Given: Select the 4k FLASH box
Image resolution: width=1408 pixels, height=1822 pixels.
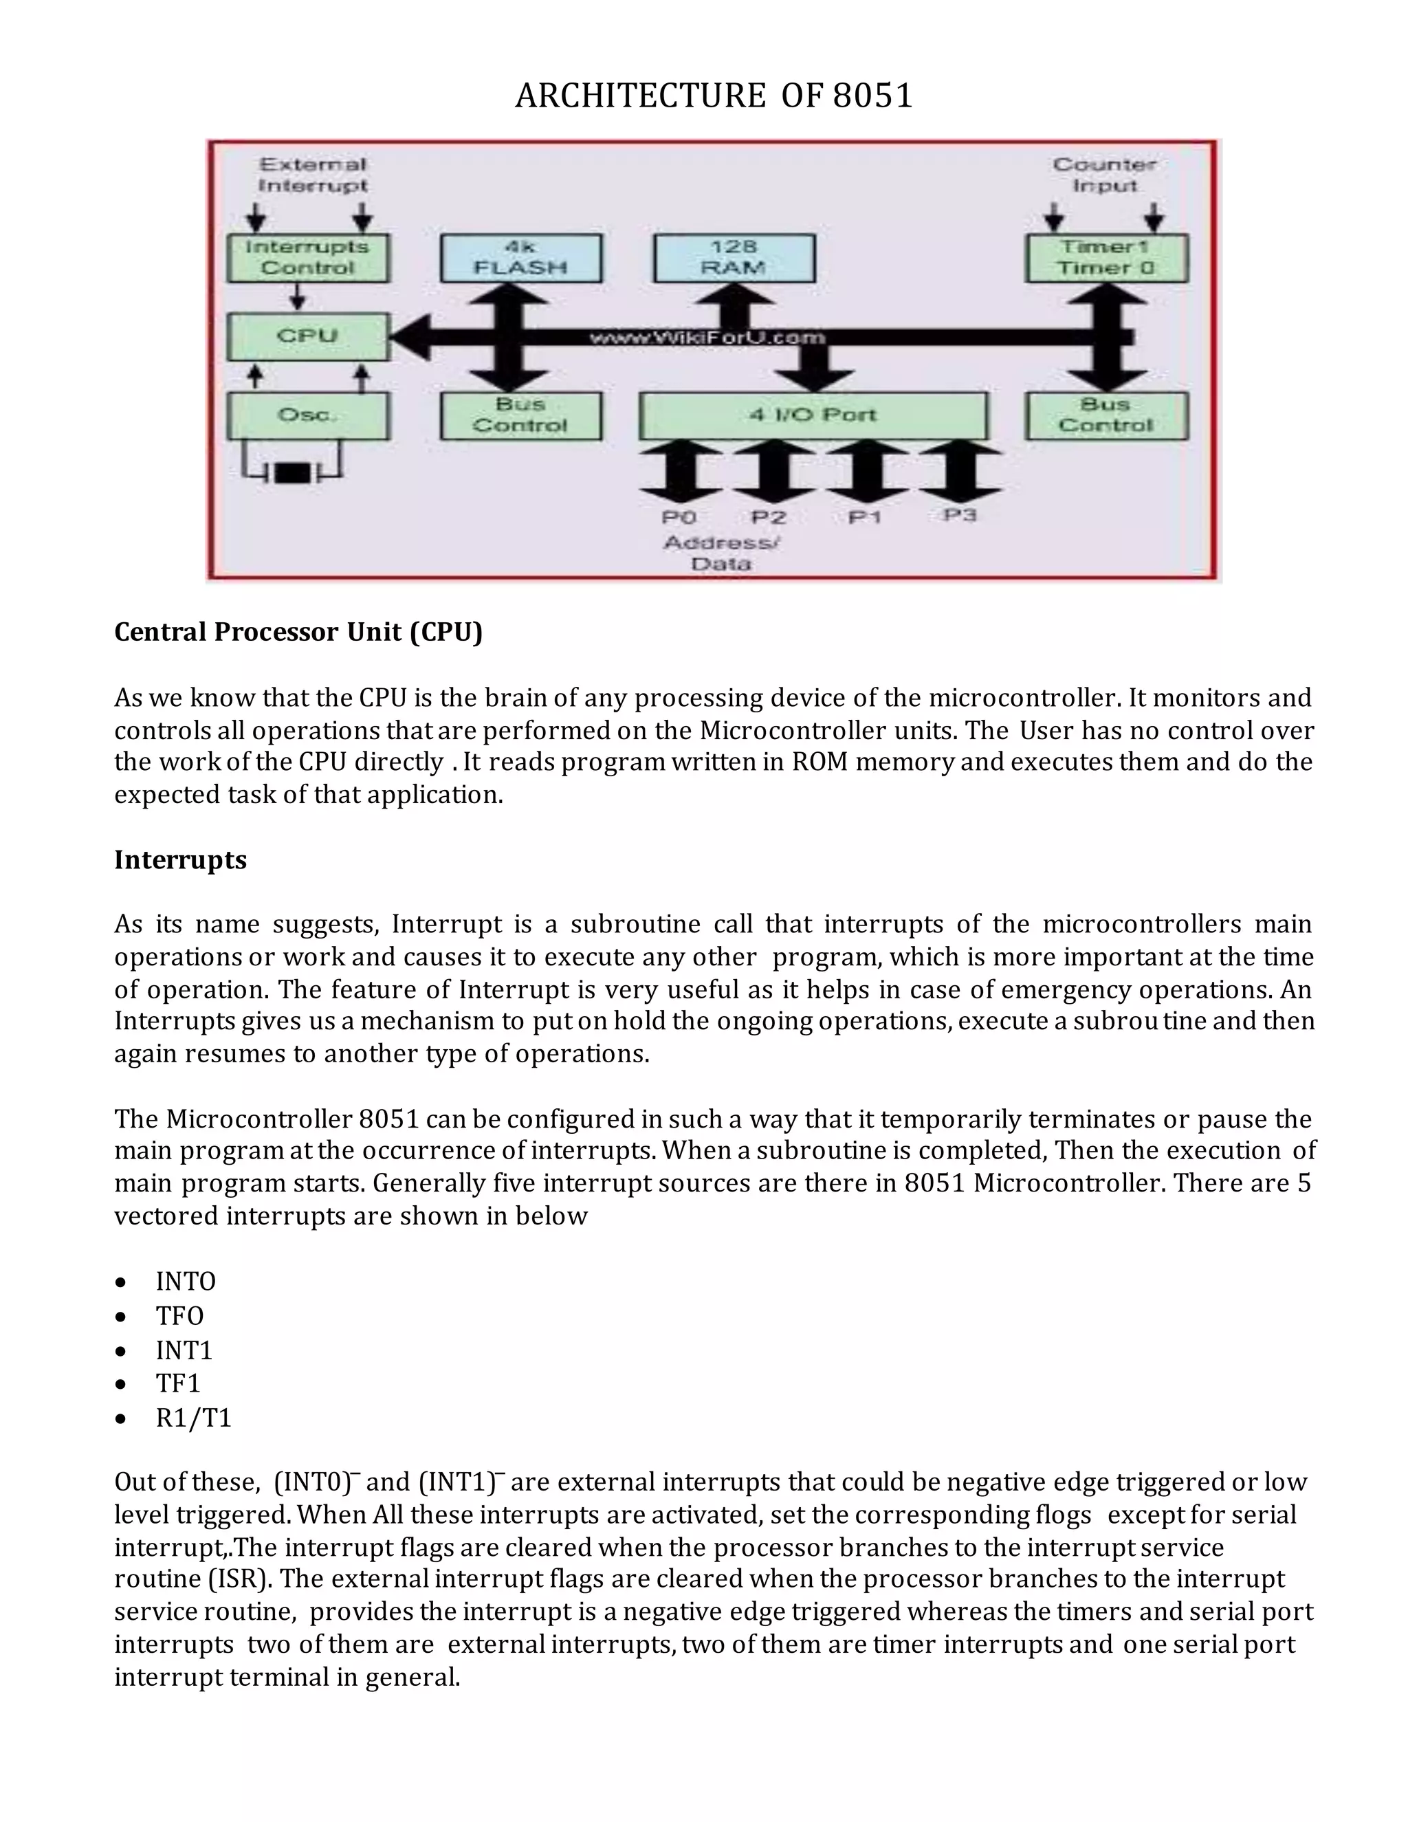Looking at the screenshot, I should (520, 258).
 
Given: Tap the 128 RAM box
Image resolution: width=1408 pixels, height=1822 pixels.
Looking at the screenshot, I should (734, 258).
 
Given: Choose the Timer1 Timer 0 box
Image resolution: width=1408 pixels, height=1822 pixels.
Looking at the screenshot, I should (1106, 258).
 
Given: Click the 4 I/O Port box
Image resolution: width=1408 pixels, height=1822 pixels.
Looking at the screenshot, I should (813, 415).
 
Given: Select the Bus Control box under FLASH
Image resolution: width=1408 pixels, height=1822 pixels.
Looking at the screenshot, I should (520, 415).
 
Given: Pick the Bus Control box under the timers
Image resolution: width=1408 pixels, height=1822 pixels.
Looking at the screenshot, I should (1106, 415).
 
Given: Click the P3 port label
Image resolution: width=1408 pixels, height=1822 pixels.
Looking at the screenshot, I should (960, 516).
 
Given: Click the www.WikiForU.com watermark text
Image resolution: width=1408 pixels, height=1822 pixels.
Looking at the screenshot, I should (707, 337).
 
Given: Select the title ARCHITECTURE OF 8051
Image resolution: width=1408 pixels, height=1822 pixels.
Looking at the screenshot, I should (714, 96).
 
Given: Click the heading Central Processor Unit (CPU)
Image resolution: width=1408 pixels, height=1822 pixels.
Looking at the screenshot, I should (298, 632).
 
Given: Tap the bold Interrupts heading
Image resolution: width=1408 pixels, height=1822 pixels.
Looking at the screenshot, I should (180, 859).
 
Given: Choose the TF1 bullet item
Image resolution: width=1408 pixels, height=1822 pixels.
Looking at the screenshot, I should (177, 1384).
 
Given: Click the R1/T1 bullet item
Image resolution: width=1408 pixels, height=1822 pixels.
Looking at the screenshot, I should (192, 1418).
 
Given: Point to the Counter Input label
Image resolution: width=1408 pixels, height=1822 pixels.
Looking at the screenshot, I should (1104, 175).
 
